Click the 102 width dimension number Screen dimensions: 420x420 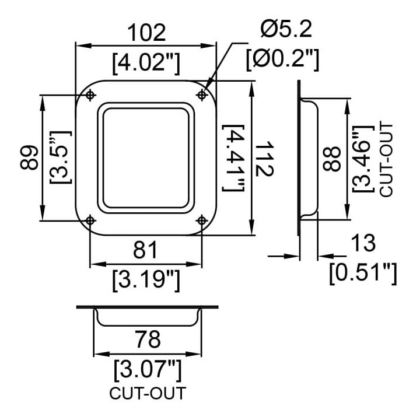point(146,33)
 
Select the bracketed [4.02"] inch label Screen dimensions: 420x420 point(146,64)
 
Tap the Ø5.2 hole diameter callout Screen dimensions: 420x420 point(286,29)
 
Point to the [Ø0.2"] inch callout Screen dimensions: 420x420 point(283,60)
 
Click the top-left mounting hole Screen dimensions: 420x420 point(90,95)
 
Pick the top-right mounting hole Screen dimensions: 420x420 point(202,95)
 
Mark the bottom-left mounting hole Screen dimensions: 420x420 point(90,220)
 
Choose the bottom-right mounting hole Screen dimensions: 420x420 point(202,220)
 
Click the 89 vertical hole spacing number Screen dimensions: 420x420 point(29,157)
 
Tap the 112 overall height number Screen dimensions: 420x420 point(265,159)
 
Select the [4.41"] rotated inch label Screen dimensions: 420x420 point(233,158)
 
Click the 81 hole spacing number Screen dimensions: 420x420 point(145,250)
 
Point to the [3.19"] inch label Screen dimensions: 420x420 point(146,281)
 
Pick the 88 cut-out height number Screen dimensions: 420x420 point(332,159)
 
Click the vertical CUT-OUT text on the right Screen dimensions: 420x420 point(386,159)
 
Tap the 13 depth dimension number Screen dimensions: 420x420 point(363,243)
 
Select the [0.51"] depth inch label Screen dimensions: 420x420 point(363,274)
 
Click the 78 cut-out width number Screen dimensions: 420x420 point(148,339)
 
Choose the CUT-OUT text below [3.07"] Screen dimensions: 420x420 point(148,393)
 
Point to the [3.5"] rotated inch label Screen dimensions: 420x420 point(61,157)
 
